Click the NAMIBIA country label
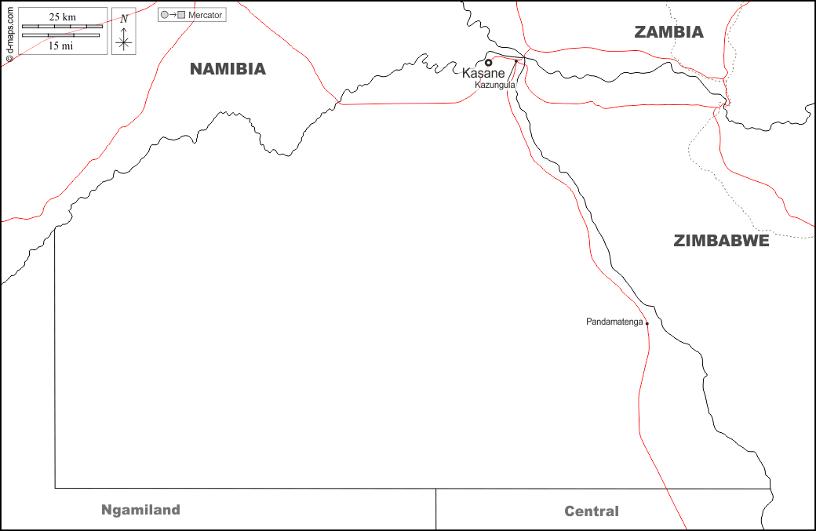point(228,69)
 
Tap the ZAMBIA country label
point(668,32)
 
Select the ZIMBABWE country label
point(721,241)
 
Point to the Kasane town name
point(483,73)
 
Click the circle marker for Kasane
point(488,63)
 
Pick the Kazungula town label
point(494,84)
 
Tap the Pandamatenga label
point(614,322)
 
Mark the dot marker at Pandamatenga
point(647,323)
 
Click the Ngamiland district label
point(140,510)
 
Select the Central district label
point(591,511)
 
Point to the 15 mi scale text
point(61,45)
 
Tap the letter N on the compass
point(123,19)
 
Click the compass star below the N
point(123,42)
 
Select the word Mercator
point(205,15)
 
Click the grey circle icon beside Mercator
point(164,15)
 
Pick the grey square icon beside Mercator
point(182,15)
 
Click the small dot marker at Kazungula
point(515,60)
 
